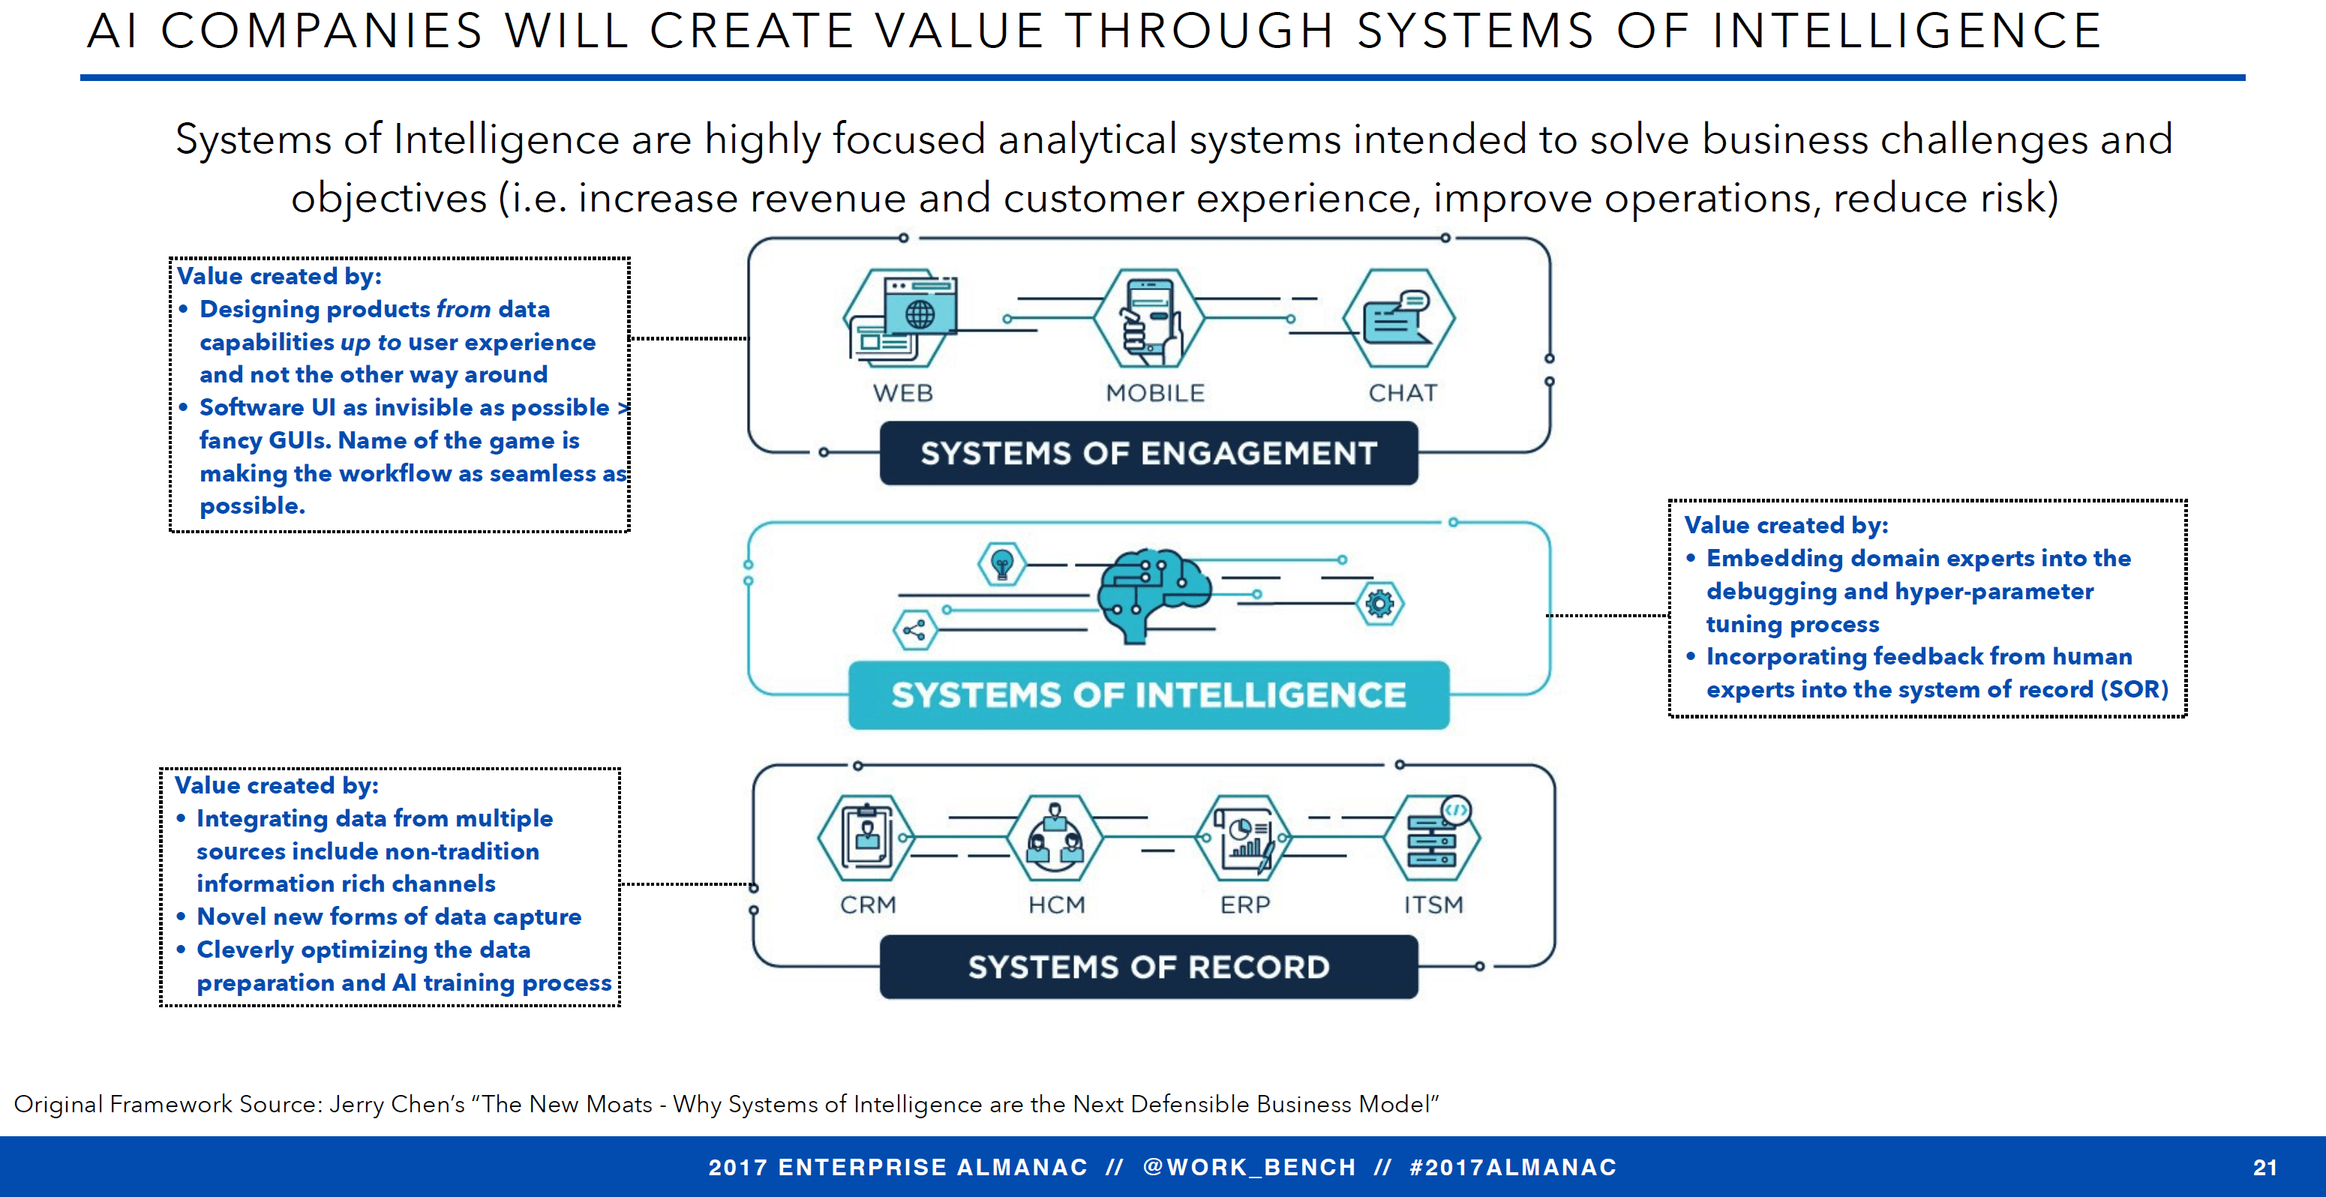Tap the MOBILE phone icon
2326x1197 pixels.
coord(1149,318)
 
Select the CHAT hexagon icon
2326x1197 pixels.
coord(1397,318)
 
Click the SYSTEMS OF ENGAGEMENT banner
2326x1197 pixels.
coord(1148,453)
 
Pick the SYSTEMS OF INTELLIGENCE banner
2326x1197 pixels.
coord(1148,695)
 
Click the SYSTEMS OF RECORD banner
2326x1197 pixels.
coord(1148,967)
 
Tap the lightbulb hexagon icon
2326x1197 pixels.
coord(1001,564)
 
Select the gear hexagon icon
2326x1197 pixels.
coord(1379,603)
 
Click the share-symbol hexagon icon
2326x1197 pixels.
coord(914,630)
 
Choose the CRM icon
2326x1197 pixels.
coord(867,838)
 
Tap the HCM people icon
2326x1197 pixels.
coord(1055,838)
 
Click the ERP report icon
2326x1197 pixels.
coord(1244,838)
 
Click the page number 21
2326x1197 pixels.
coord(2264,1167)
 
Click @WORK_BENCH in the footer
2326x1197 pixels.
coord(1249,1167)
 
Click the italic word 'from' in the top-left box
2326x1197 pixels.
coord(464,310)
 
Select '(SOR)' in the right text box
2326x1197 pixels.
coord(2134,690)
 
